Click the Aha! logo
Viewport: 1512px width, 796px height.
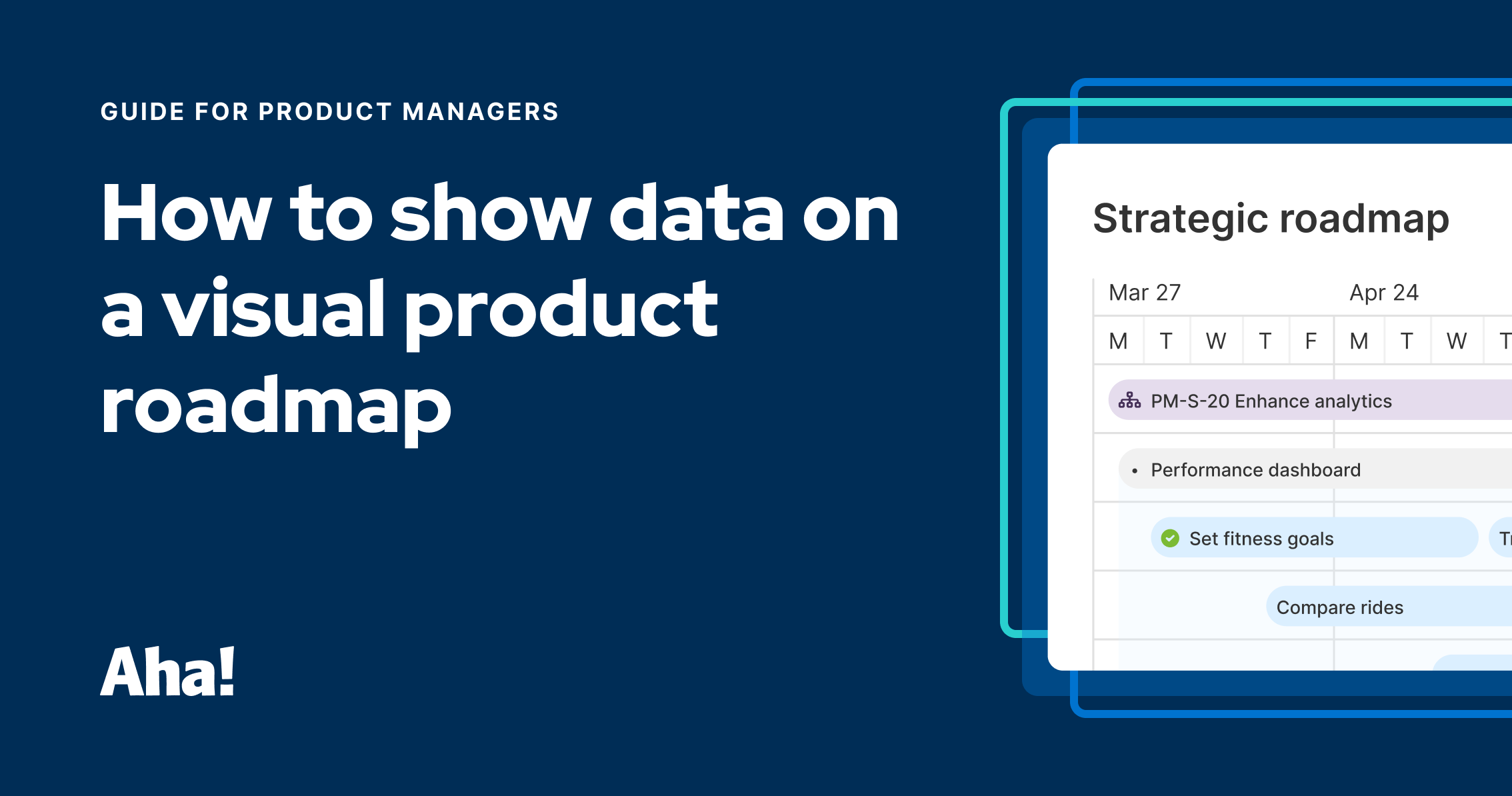pos(167,672)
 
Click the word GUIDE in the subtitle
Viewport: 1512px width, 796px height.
pos(142,112)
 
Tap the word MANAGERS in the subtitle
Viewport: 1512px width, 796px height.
pos(480,112)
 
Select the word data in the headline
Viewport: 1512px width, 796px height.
pos(696,213)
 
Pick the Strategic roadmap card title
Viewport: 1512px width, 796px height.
pos(1271,219)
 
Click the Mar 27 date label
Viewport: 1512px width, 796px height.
pos(1144,293)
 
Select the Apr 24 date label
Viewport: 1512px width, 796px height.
pos(1384,293)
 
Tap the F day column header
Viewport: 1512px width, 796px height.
pos(1311,341)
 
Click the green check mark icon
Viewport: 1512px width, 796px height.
pos(1170,538)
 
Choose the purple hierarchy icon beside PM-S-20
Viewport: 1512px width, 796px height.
pos(1129,401)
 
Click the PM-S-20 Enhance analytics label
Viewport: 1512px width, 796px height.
pos(1271,401)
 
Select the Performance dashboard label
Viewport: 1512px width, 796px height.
pos(1255,470)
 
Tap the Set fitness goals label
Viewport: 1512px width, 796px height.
pos(1261,539)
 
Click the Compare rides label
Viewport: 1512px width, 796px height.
pos(1339,607)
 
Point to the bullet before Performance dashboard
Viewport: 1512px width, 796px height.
pos(1135,471)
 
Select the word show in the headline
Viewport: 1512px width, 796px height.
pos(491,213)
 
